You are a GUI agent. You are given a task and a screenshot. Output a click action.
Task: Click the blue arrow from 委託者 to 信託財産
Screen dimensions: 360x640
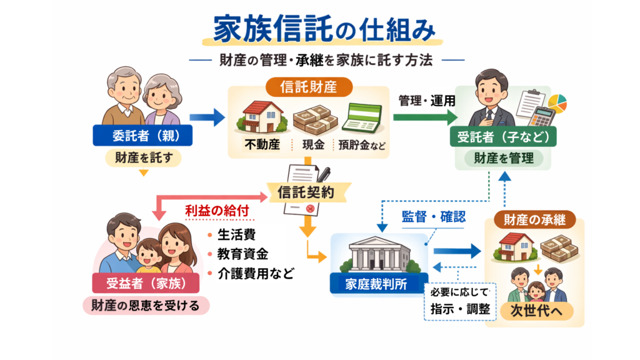point(207,117)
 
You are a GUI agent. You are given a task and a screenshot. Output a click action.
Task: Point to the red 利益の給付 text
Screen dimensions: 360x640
point(217,211)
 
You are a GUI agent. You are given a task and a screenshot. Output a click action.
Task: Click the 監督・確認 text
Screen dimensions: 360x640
point(433,216)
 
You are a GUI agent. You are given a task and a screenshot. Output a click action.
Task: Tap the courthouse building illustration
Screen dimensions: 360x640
point(379,253)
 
